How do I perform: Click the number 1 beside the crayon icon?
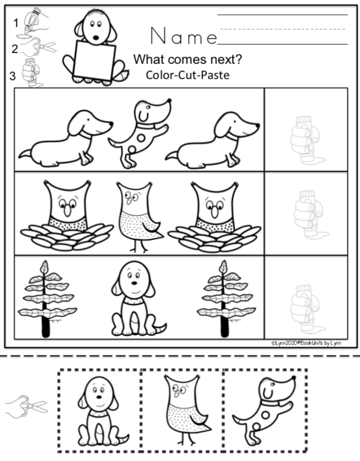coord(16,23)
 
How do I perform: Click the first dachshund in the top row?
coord(65,139)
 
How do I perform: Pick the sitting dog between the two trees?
coord(133,298)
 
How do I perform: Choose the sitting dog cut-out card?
coord(100,411)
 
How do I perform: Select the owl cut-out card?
coord(181,411)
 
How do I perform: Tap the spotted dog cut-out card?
coord(265,411)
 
